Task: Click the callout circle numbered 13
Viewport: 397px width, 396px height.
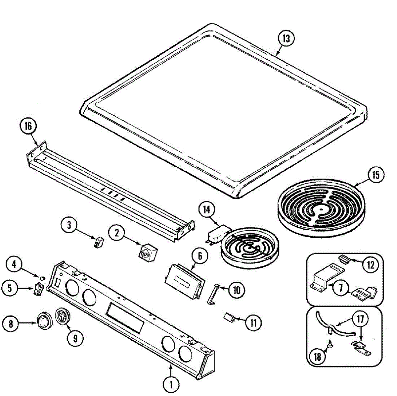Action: [x=286, y=38]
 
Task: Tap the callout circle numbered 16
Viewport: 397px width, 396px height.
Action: [x=28, y=126]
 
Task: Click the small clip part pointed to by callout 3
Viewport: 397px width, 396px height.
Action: [x=98, y=242]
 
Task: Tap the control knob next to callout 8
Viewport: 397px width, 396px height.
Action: [x=44, y=320]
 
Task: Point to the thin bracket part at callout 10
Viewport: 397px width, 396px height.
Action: [x=213, y=293]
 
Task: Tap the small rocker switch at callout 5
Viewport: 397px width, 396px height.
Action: [x=38, y=289]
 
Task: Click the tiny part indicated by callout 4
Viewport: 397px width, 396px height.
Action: [x=42, y=276]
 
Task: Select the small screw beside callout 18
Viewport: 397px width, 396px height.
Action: [x=330, y=345]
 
